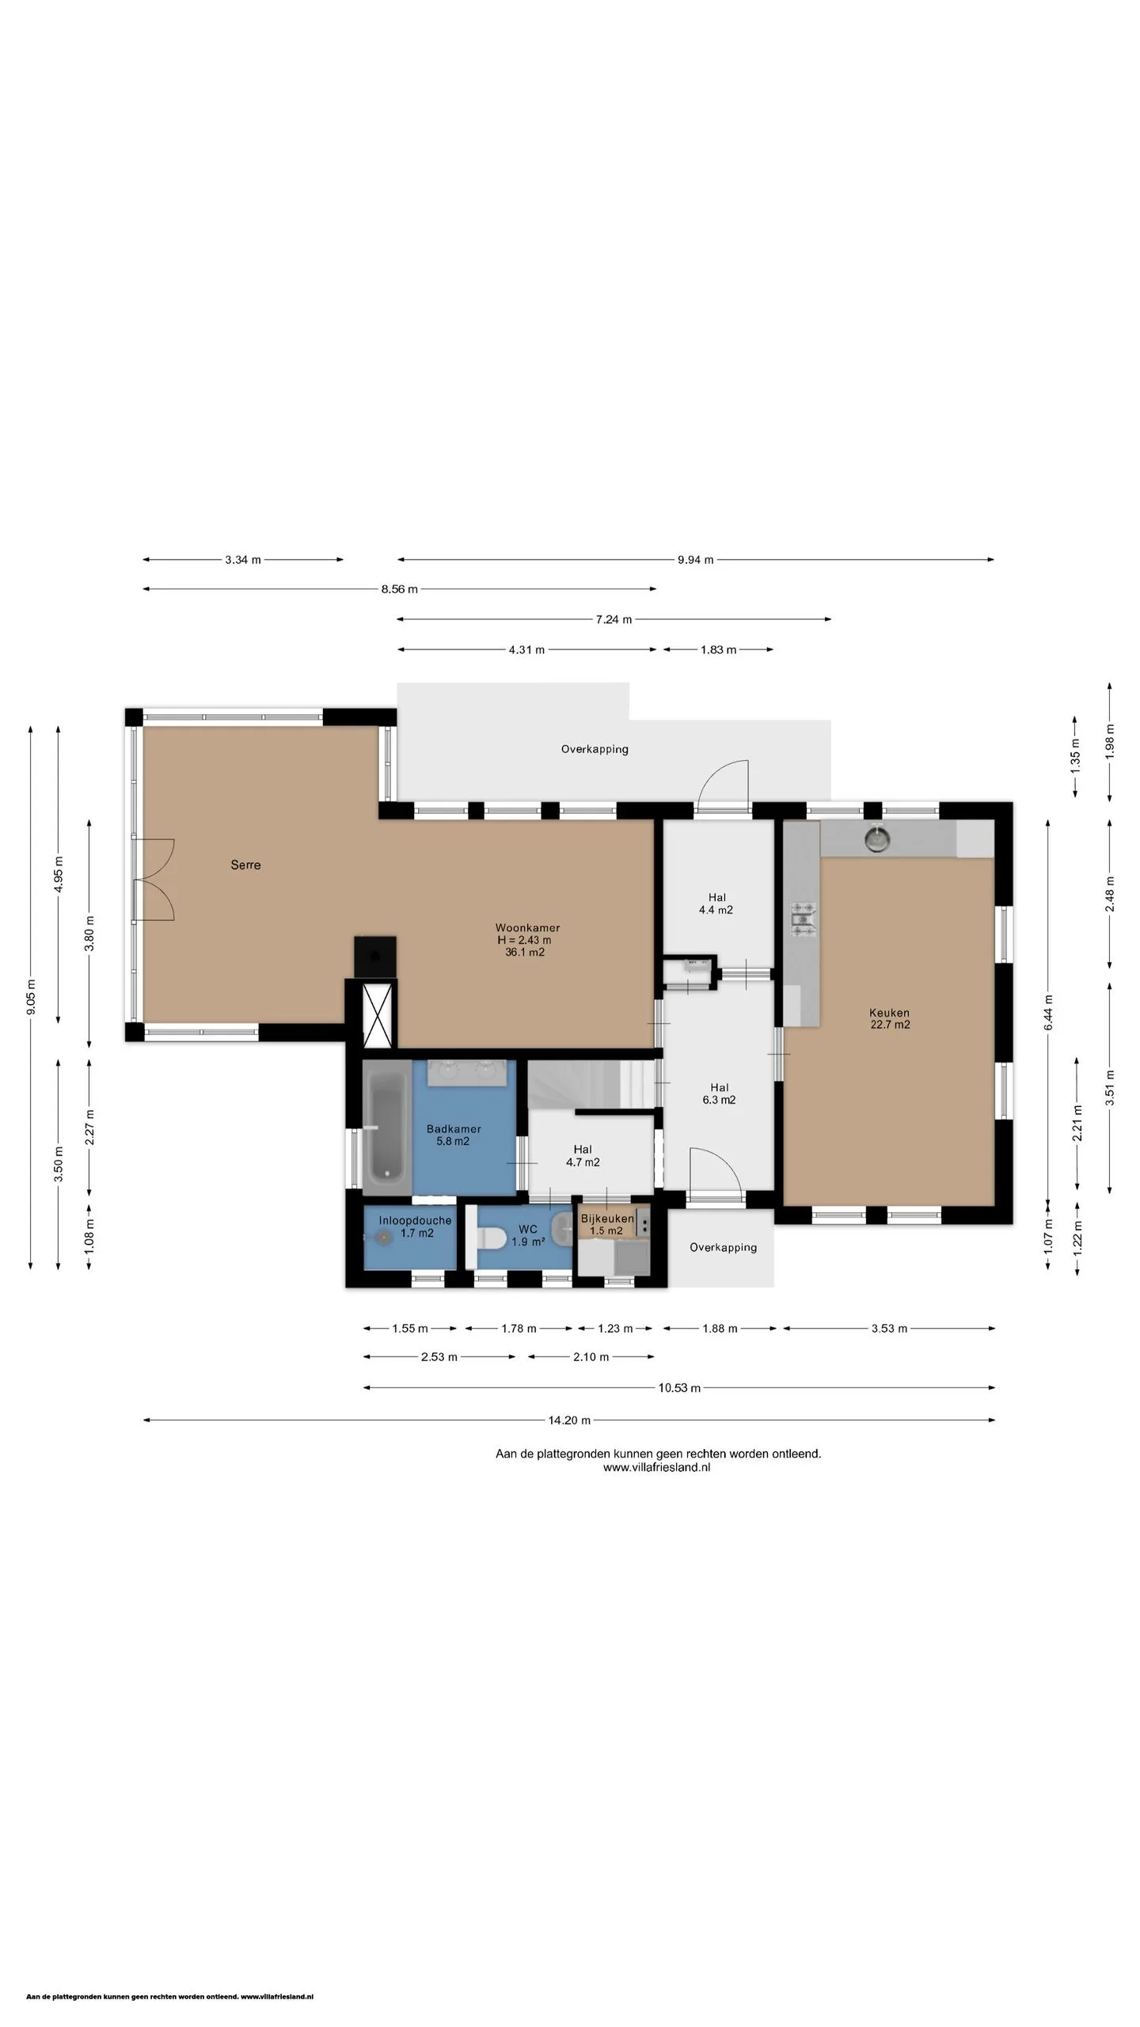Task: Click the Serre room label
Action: coord(245,865)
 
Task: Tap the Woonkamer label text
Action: coord(527,927)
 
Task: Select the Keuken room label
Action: coord(889,1012)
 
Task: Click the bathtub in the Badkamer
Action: coord(387,1127)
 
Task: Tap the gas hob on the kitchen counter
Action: coord(803,921)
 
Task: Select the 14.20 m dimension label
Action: coord(569,1420)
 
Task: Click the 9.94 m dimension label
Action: coord(695,560)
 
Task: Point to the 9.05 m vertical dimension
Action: coord(31,997)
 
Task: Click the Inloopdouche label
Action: coord(415,1220)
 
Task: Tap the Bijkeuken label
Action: coord(607,1219)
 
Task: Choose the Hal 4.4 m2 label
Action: coord(716,903)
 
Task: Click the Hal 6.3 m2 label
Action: coord(719,1093)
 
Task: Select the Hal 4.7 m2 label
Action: coord(583,1155)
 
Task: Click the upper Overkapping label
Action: coord(595,749)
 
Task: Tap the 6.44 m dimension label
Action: coord(1048,1012)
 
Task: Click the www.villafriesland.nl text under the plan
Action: coord(656,1467)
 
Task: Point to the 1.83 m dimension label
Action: coord(718,650)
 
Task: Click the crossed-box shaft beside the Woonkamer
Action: coord(378,1014)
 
